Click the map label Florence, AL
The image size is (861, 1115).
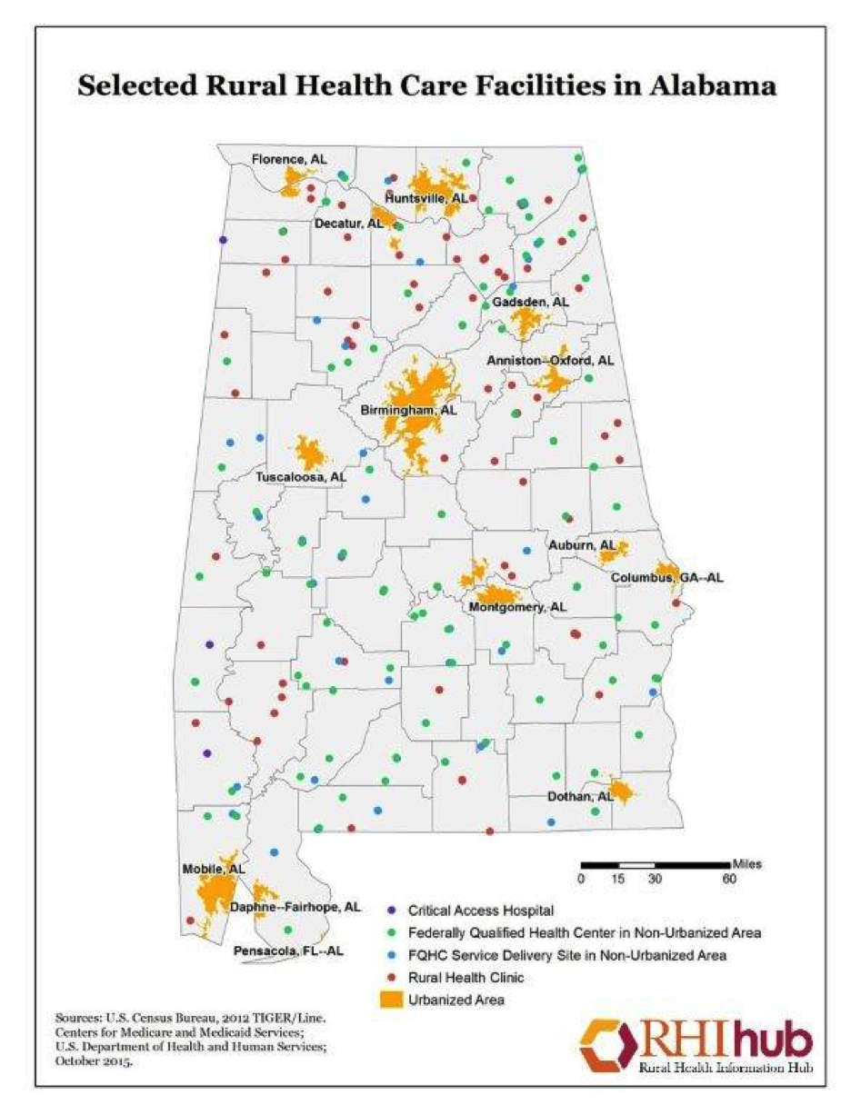click(x=288, y=159)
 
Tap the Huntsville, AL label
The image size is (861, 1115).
click(x=426, y=197)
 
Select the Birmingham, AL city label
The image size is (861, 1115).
click(x=408, y=411)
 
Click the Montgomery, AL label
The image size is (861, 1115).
click(x=518, y=606)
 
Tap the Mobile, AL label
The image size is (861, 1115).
click(x=214, y=869)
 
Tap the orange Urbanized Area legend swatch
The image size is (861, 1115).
click(x=391, y=1001)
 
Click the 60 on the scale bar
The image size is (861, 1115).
click(x=729, y=880)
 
